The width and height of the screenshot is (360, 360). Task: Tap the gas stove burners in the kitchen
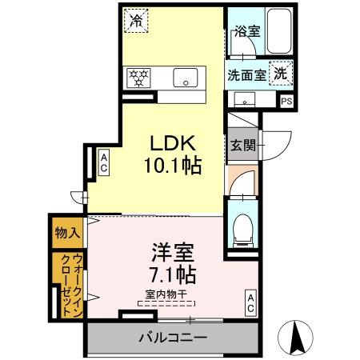[139, 78]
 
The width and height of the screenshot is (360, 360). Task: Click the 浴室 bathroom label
[246, 32]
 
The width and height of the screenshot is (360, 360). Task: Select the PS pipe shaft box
[286, 101]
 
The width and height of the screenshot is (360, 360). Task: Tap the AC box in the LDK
[104, 163]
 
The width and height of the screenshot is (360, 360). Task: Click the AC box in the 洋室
[250, 302]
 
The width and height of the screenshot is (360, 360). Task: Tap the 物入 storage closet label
[67, 234]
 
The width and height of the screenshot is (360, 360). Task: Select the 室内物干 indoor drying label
[165, 295]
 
